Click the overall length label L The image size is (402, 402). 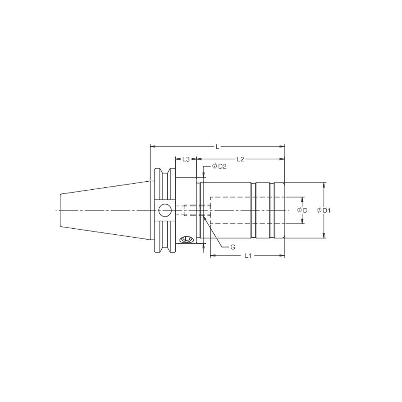217,147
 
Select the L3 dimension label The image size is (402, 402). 185,159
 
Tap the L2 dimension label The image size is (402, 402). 240,159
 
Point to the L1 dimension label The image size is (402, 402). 248,256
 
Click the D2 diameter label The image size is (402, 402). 222,166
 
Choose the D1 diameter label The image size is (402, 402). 326,210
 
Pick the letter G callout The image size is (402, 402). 232,247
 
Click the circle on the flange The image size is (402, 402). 164,210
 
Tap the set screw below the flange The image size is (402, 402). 186,240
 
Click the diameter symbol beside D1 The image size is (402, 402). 319,210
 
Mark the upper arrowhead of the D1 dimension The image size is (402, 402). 324,184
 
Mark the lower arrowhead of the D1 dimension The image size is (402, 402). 324,236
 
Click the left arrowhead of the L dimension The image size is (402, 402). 152,147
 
